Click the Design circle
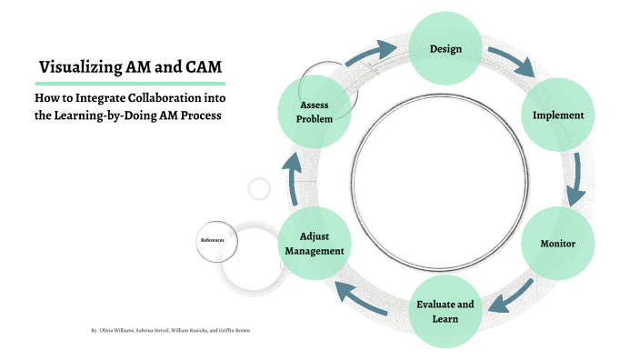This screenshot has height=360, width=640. coord(445,48)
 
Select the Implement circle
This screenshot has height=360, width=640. coord(557,115)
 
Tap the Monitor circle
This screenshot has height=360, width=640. coord(557,245)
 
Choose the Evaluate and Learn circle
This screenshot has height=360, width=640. coord(445,310)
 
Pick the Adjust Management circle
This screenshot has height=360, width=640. coord(315,244)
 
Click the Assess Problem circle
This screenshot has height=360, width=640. coord(314,111)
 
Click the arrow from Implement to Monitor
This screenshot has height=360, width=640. coord(575,179)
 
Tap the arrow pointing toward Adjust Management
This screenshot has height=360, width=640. coord(363,299)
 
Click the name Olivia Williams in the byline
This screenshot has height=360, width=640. coord(116,331)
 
